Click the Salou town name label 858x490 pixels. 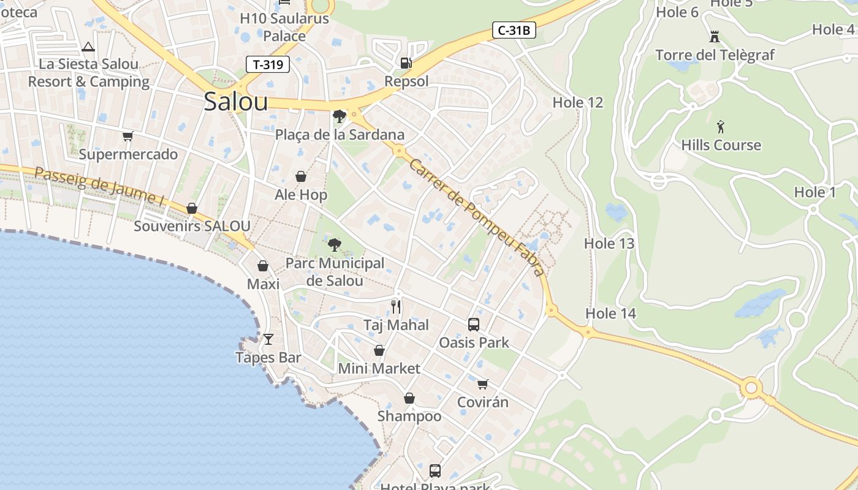click(236, 102)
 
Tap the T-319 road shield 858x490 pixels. click(268, 64)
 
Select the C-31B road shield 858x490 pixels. click(514, 30)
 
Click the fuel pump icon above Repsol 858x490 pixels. click(406, 62)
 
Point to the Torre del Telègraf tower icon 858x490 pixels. click(714, 37)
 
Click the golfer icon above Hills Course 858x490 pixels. click(721, 127)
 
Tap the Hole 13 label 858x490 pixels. click(609, 243)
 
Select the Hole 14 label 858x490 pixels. click(610, 314)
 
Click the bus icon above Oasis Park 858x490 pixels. click(474, 325)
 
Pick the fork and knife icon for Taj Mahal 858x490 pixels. click(396, 307)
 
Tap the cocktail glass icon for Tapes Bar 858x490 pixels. click(268, 339)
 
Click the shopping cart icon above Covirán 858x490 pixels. click(483, 384)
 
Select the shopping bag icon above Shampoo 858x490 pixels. click(409, 399)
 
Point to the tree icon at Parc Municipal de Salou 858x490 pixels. click(335, 245)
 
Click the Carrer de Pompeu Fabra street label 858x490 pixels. click(476, 217)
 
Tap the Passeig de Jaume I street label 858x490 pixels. click(100, 186)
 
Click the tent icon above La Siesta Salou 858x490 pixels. click(88, 47)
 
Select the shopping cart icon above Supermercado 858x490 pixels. click(127, 136)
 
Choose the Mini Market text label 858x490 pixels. click(379, 369)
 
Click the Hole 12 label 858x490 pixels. click(578, 102)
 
